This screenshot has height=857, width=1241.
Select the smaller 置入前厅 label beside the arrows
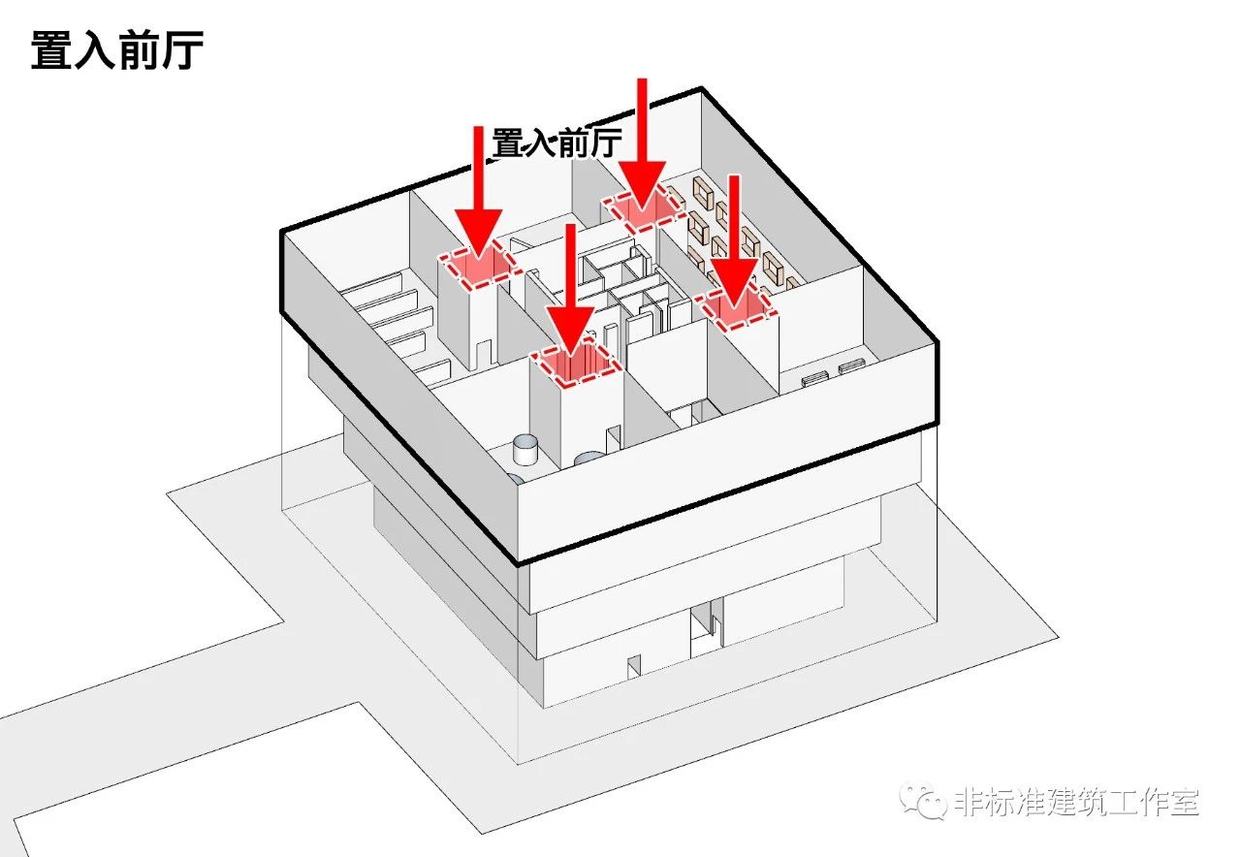(x=557, y=143)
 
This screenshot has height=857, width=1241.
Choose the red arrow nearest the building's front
(x=571, y=291)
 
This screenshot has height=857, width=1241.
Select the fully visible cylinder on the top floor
(x=525, y=448)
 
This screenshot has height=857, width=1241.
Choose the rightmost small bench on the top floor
(x=851, y=366)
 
